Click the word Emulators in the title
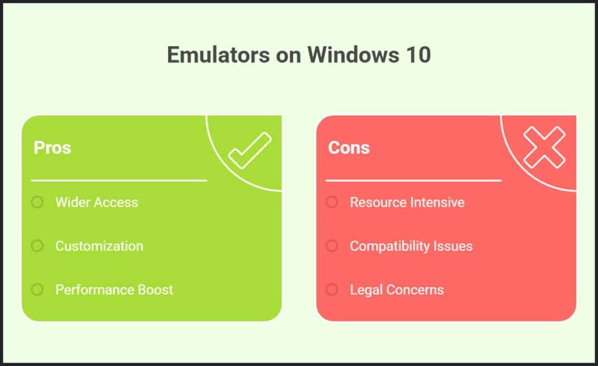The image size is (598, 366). (x=215, y=55)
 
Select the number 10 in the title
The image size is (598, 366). (x=417, y=55)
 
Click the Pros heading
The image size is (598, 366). (x=53, y=147)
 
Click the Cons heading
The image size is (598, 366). (x=349, y=147)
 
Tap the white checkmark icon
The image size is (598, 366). (x=249, y=150)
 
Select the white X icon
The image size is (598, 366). (x=544, y=147)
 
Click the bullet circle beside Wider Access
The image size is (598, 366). (x=37, y=202)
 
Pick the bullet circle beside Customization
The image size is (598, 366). (x=37, y=246)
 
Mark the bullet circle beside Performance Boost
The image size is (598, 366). (x=37, y=289)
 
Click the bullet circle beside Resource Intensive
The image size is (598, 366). (x=332, y=202)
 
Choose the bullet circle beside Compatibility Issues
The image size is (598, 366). (x=332, y=246)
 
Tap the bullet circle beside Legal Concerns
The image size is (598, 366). (x=332, y=289)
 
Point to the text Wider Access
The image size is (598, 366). (x=96, y=202)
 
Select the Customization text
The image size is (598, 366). (x=99, y=246)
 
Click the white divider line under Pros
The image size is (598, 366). (x=119, y=181)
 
